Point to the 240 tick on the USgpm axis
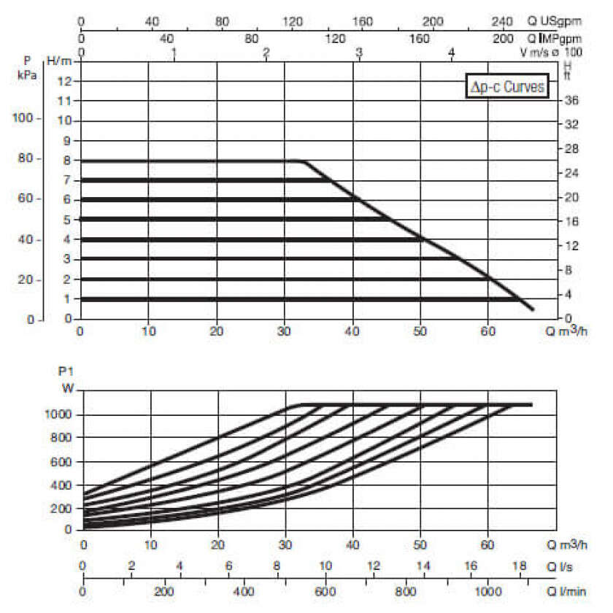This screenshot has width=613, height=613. pos(504,22)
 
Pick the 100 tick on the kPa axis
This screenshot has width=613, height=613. pos(24,119)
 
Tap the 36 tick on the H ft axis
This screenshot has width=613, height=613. pos(573,100)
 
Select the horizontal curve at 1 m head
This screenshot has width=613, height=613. pos(292,298)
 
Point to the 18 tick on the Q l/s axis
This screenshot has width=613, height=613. pos(519,566)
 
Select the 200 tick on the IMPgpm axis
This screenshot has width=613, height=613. pos(504,37)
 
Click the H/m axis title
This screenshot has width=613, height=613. pos(58,59)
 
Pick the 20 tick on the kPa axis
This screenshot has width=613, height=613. pos(24,280)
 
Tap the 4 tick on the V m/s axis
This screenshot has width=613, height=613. pos(452,53)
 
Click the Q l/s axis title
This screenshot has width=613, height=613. pos(560,566)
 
